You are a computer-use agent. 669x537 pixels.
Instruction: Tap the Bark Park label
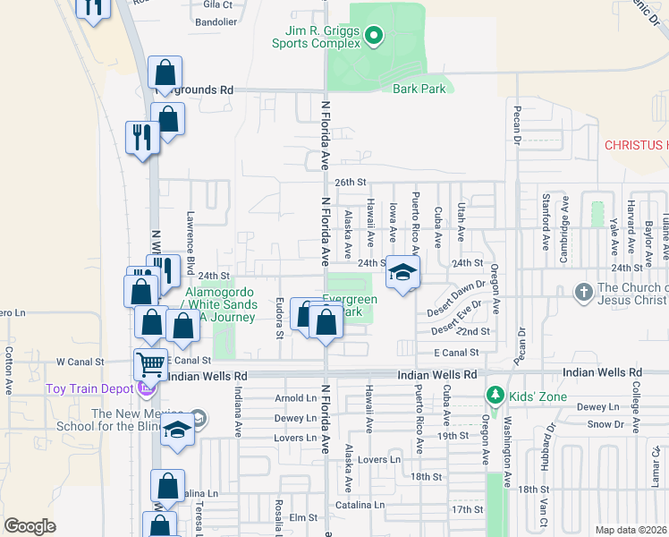[419, 89]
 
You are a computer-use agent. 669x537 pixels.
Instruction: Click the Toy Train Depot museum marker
[145, 388]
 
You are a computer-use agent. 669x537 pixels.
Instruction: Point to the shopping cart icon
[151, 364]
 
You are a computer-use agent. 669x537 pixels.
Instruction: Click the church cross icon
[583, 292]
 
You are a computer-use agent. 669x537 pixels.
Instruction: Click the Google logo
[30, 526]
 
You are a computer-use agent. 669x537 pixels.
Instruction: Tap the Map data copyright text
[631, 530]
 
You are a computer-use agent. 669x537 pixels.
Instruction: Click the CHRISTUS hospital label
[636, 144]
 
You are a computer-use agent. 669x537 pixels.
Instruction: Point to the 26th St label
[351, 182]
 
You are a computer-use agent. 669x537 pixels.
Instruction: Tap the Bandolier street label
[215, 21]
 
